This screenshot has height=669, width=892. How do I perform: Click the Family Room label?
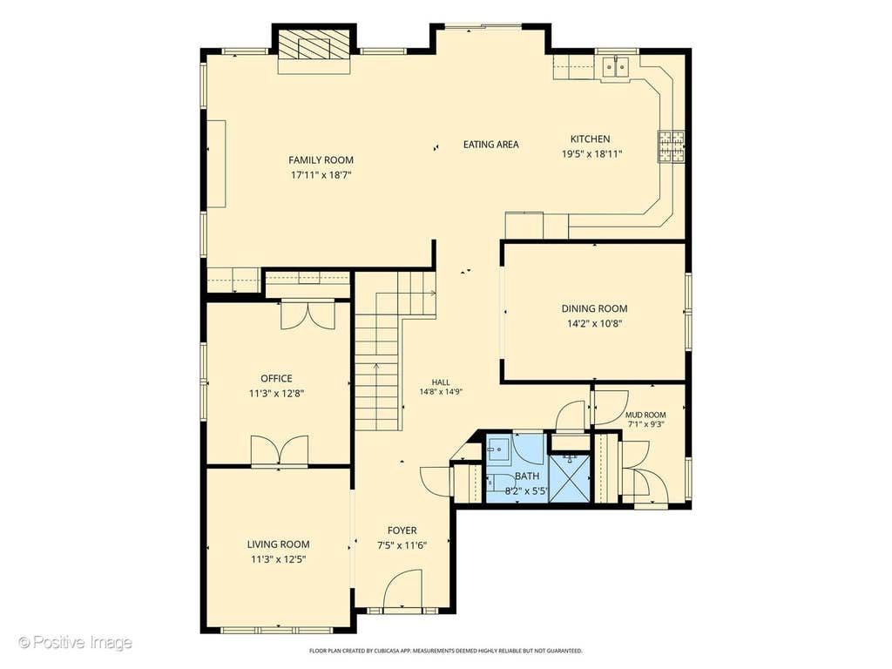(x=321, y=160)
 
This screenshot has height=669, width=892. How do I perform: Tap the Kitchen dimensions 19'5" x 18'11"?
(x=592, y=153)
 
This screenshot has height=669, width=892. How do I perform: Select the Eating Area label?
(x=491, y=145)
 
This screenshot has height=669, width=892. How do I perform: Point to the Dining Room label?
(x=594, y=309)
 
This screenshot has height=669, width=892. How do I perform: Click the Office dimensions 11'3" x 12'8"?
(x=276, y=393)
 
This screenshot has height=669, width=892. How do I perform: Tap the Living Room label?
(x=278, y=544)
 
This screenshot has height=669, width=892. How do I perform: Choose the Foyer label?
(x=402, y=530)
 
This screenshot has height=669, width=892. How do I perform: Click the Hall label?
(x=441, y=383)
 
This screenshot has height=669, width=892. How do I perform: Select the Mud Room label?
(x=645, y=416)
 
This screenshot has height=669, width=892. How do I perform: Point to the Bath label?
(x=527, y=476)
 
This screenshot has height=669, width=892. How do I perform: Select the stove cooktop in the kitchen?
(x=672, y=146)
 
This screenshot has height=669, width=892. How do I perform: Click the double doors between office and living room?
(x=280, y=452)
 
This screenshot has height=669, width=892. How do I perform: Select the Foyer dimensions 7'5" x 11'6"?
(x=402, y=545)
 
